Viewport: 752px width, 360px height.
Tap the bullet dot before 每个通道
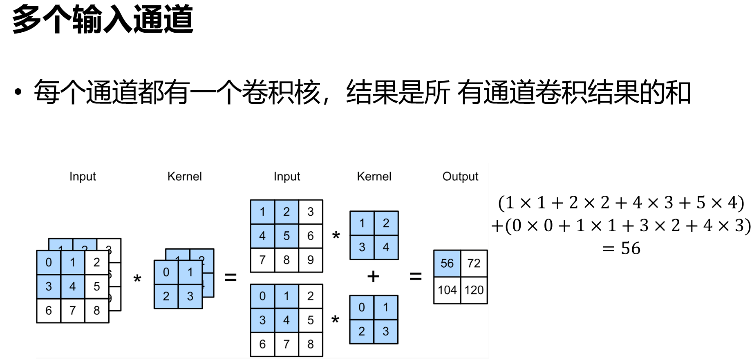(x=18, y=92)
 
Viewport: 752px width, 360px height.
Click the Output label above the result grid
(x=460, y=177)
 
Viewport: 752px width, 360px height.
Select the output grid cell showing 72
(x=474, y=263)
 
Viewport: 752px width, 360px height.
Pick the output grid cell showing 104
(x=447, y=290)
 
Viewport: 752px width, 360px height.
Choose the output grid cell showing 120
(x=474, y=290)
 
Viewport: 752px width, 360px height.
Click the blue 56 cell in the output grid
(x=447, y=263)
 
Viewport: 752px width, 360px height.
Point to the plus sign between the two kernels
(x=373, y=277)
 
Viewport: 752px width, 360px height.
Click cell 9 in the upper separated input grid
(x=311, y=260)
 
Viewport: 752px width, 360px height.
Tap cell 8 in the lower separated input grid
(x=311, y=344)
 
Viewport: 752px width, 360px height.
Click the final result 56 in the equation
(x=631, y=248)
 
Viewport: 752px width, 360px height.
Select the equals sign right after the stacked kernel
(x=231, y=277)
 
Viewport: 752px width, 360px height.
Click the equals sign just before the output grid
(x=416, y=277)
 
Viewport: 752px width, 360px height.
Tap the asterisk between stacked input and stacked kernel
(x=137, y=280)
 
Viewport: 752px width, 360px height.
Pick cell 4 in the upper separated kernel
(x=386, y=247)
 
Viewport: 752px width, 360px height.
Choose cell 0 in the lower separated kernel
(x=362, y=307)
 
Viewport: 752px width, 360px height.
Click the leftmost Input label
(x=83, y=177)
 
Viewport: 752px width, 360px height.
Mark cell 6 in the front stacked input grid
(x=49, y=311)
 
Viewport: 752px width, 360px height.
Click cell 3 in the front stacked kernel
(x=190, y=296)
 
